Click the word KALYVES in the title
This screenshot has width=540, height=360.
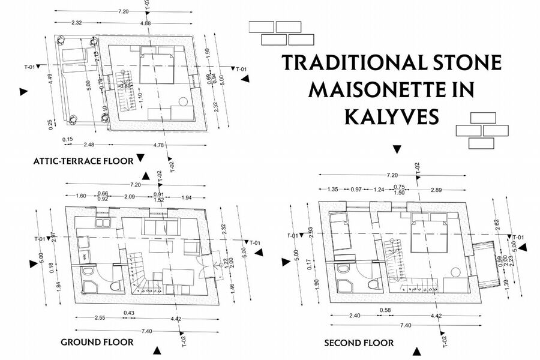[x=392, y=116]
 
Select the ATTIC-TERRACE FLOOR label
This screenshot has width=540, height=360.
[x=83, y=161]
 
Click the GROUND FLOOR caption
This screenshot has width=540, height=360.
[x=97, y=342]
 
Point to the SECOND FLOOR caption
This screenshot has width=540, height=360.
[x=359, y=343]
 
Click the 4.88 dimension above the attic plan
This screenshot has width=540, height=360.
[x=145, y=23]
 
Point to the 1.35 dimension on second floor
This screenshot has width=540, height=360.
[x=334, y=190]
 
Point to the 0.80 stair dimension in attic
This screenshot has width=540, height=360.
[x=125, y=86]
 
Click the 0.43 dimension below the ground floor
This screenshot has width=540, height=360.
[x=128, y=313]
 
